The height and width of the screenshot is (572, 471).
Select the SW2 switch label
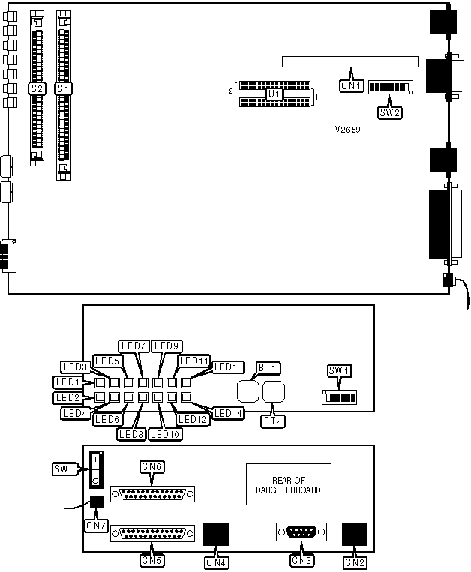(390, 113)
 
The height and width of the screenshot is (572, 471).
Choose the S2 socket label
(35, 88)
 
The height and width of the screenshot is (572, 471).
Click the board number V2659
(349, 129)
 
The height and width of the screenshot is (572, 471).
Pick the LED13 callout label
(228, 367)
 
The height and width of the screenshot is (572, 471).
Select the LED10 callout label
(164, 433)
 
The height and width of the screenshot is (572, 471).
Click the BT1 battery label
(268, 367)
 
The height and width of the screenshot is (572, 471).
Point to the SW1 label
(340, 370)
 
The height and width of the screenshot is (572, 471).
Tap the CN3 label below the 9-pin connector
(301, 560)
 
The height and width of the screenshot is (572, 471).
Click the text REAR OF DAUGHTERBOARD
(289, 484)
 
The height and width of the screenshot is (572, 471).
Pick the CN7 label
(96, 526)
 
